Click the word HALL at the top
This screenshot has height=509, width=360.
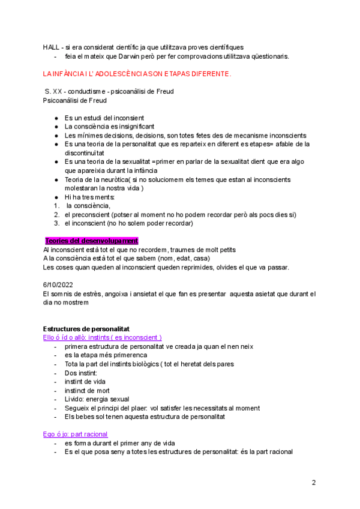point(51,47)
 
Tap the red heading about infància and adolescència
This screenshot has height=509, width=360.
point(137,74)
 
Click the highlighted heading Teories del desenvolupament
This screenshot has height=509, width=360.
point(92,241)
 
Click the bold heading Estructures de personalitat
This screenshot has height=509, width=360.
point(91,329)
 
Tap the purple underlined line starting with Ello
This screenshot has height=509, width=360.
point(103,338)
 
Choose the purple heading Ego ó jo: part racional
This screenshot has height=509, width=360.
point(76,434)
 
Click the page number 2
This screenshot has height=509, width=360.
point(313,483)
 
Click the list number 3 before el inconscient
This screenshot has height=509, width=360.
point(56,223)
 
